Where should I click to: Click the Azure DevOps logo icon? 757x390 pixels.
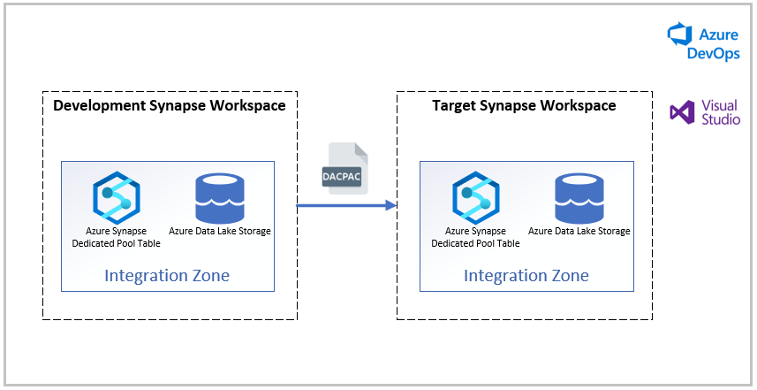678,35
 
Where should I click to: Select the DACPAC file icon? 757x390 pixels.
347,167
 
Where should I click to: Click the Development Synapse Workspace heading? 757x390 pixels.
170,106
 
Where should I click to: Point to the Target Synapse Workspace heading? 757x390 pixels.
524,106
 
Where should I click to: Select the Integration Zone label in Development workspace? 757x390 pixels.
167,276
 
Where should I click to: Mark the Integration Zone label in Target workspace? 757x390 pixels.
526,276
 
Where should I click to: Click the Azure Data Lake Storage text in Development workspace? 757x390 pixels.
220,232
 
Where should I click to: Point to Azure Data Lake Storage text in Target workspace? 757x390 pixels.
579,232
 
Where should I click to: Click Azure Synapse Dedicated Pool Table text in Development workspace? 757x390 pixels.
117,237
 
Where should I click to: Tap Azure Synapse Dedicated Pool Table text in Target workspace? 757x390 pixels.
476,237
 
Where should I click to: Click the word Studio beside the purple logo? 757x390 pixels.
721,119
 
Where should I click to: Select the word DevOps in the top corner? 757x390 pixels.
714,53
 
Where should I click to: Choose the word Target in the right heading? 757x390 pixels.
454,106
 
